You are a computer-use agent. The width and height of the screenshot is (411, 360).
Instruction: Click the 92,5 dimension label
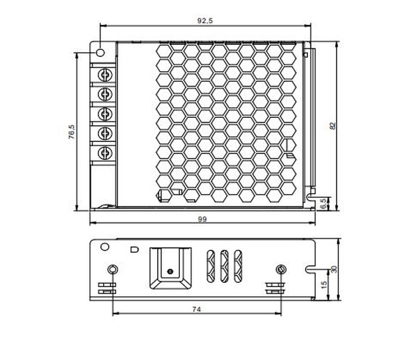pyautogui.click(x=205, y=21)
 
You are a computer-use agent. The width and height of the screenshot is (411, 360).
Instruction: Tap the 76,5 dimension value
pyautogui.click(x=72, y=132)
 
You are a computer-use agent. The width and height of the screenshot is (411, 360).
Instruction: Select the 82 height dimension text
pyautogui.click(x=333, y=126)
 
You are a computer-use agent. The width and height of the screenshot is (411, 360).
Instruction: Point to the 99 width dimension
pyautogui.click(x=202, y=219)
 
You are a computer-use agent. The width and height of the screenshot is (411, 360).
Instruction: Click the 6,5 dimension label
pyautogui.click(x=322, y=204)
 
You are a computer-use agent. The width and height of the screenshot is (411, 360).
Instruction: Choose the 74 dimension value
pyautogui.click(x=196, y=309)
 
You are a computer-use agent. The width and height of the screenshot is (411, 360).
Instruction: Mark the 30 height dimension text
pyautogui.click(x=334, y=269)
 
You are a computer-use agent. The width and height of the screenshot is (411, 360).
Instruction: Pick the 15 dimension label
pyautogui.click(x=323, y=285)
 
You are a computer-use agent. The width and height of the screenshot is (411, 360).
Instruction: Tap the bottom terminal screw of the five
pyautogui.click(x=105, y=153)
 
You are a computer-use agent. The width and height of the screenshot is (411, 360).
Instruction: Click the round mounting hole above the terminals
pyautogui.click(x=100, y=52)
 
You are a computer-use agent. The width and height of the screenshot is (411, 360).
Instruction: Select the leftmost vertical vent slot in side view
pyautogui.click(x=211, y=265)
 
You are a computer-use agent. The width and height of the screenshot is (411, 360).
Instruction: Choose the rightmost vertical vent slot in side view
pyautogui.click(x=238, y=265)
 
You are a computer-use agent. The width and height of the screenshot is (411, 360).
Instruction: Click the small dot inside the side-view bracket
pyautogui.click(x=170, y=271)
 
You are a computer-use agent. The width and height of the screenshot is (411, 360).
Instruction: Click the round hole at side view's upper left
pyautogui.click(x=104, y=247)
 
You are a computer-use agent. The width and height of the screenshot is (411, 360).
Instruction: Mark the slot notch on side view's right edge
pyautogui.click(x=310, y=269)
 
